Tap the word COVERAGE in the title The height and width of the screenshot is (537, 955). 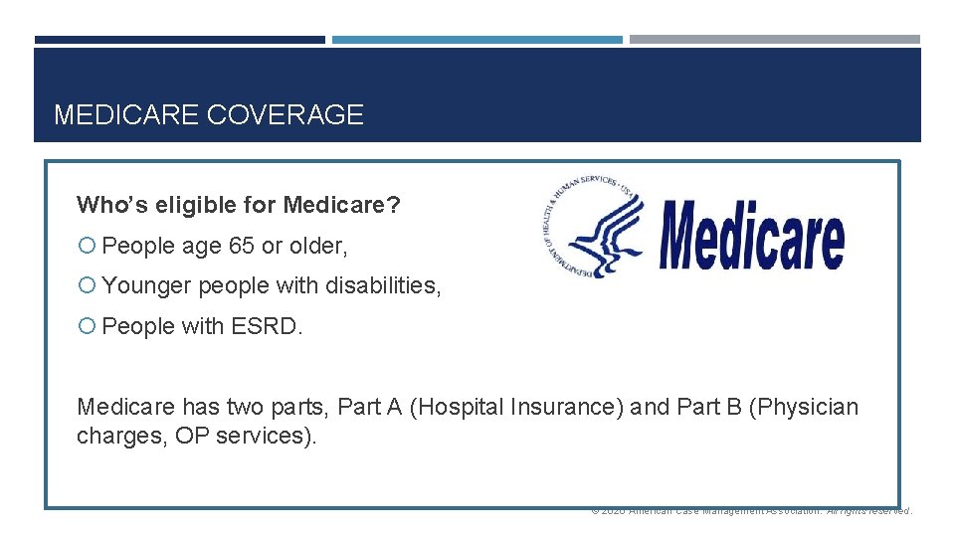click(x=285, y=115)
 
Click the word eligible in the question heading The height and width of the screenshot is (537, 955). click(x=177, y=206)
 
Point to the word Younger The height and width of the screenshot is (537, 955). click(x=146, y=286)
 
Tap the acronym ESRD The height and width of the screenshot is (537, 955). click(x=267, y=326)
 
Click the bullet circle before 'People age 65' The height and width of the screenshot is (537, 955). click(x=86, y=246)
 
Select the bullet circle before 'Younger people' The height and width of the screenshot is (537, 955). click(x=86, y=286)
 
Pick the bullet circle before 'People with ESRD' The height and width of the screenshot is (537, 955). click(x=86, y=326)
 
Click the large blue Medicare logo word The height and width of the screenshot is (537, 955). click(x=751, y=237)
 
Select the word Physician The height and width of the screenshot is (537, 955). click(x=807, y=407)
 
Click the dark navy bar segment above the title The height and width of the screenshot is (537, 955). click(x=180, y=40)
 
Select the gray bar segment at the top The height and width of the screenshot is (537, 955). click(x=775, y=40)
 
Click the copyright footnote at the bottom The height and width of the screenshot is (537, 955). click(x=751, y=511)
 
